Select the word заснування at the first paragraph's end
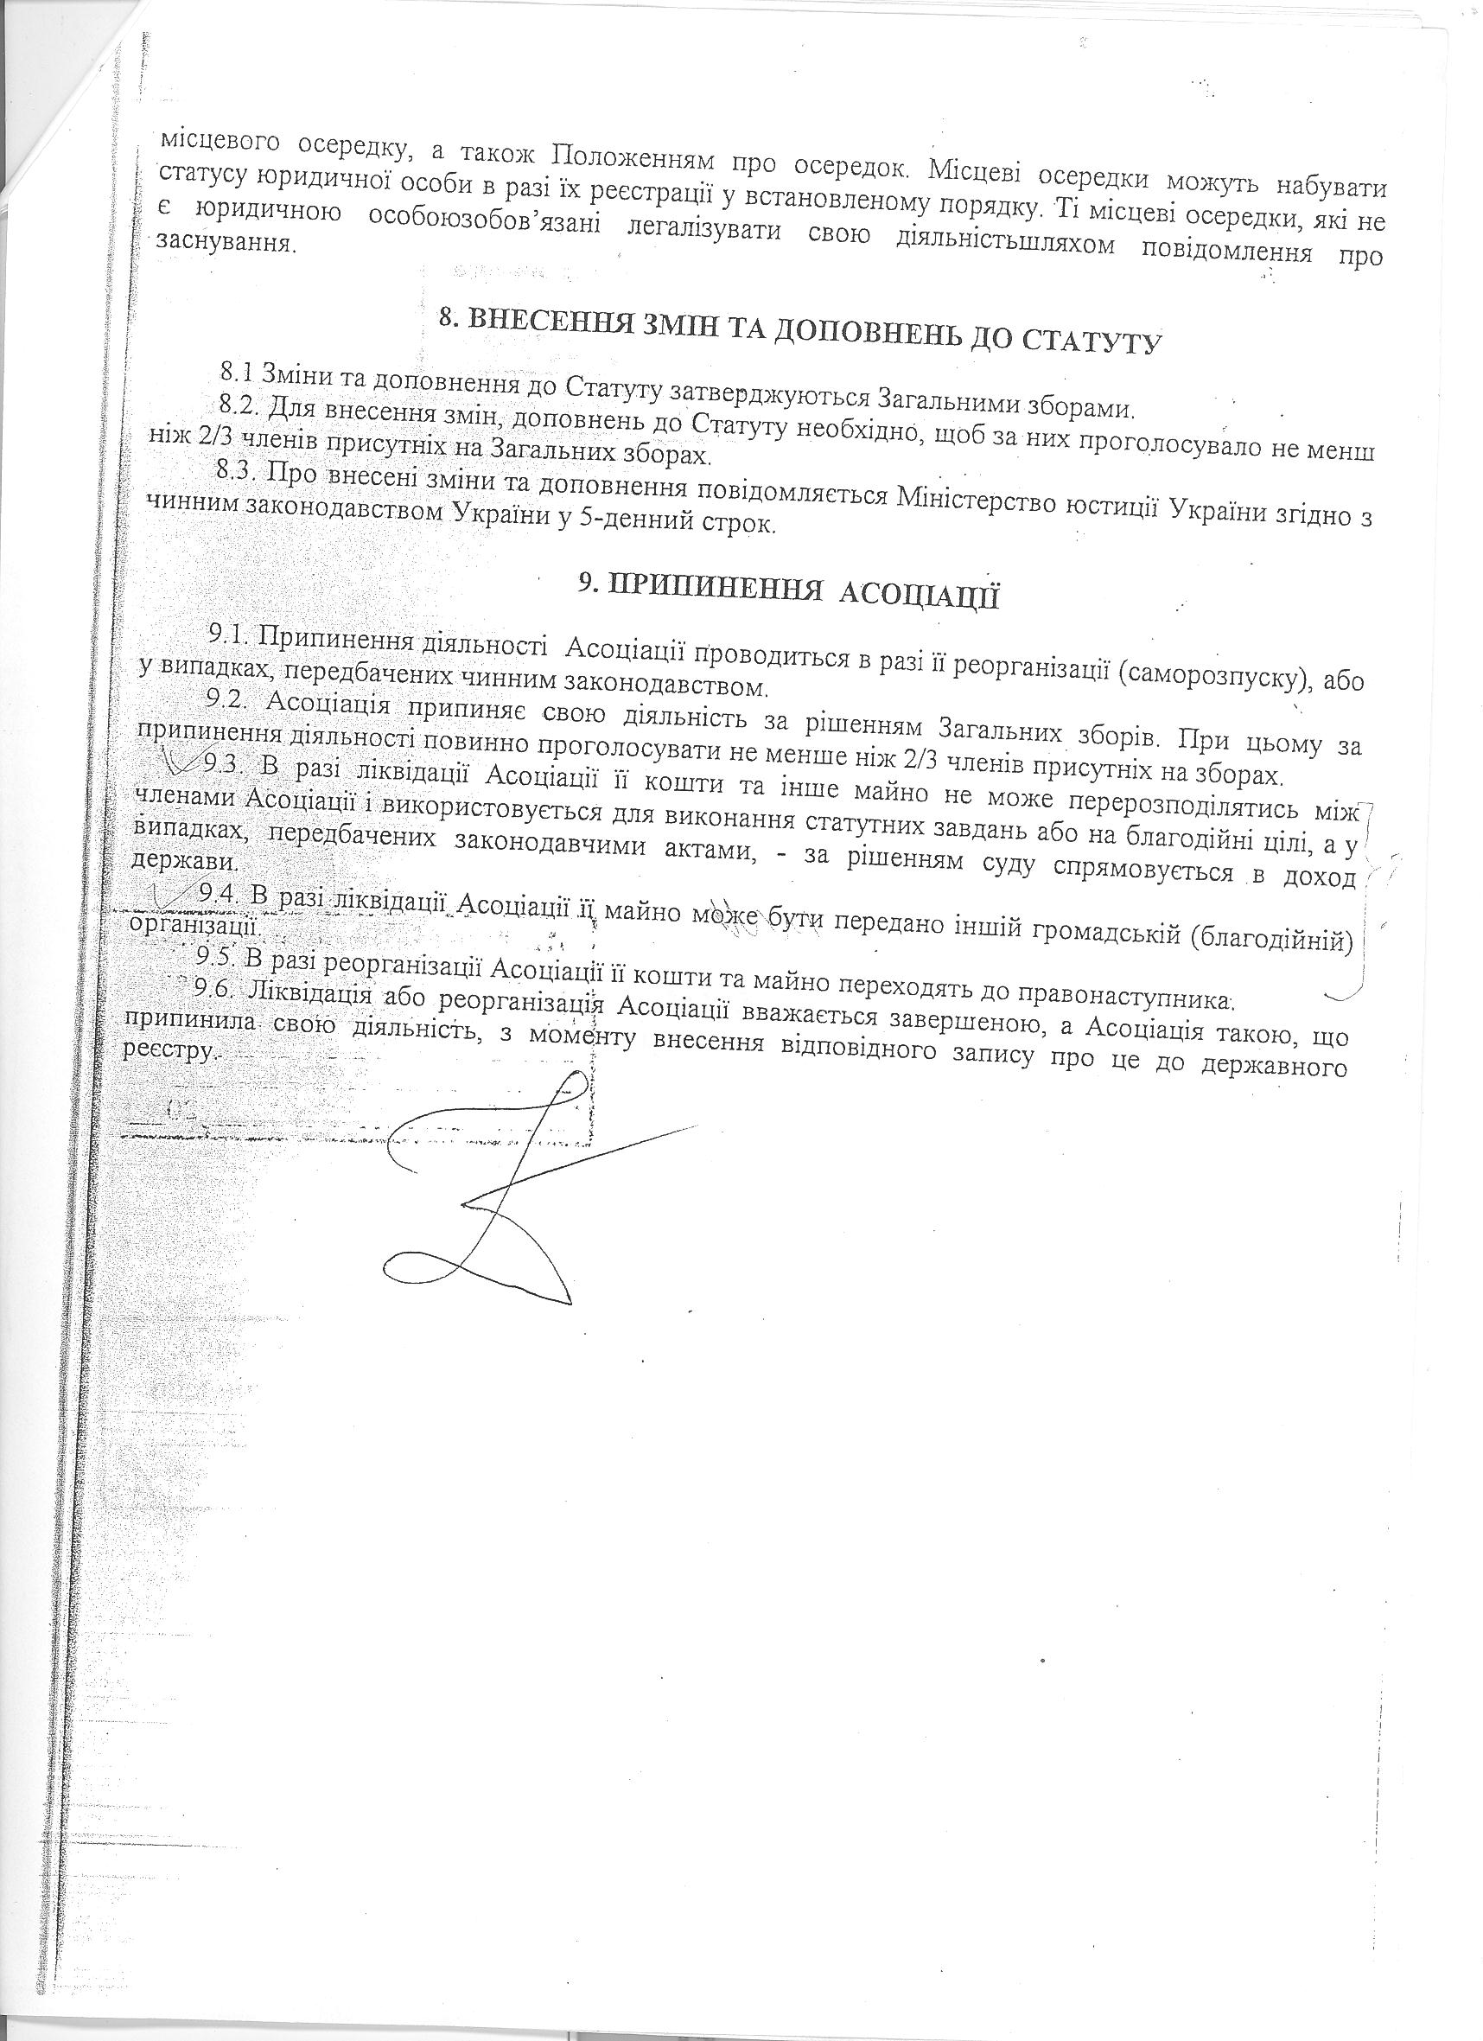point(226,242)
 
